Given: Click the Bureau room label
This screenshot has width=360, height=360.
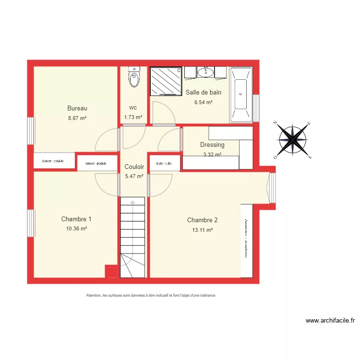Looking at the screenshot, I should coord(77,108).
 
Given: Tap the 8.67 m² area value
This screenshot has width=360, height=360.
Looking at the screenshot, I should coord(77,118).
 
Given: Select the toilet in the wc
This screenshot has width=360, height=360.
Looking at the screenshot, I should coord(134,77).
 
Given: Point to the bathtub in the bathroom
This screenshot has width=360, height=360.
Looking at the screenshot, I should coord(241,94).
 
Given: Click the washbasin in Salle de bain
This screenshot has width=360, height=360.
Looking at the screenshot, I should coord(205,72).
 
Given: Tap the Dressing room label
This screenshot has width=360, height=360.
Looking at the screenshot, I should coord(212,144).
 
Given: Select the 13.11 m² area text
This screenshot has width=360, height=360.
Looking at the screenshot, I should coord(203,230).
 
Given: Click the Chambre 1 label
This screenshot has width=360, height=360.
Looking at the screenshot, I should coord(76,219).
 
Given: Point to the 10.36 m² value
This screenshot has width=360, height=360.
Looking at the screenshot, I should coord(76,229).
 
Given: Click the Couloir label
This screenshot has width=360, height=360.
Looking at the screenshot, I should coord(134,167).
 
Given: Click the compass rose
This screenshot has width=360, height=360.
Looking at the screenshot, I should coord(294,140).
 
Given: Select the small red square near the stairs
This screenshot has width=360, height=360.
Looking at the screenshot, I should coord(111,272).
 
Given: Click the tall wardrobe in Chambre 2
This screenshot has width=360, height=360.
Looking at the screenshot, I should coord(246,240).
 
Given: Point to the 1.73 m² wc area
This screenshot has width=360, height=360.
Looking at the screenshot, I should coord(133,117).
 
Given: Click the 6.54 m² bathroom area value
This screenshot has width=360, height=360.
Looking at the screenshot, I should coord(203,102).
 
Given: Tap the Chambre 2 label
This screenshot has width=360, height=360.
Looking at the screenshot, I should coord(202,220).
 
